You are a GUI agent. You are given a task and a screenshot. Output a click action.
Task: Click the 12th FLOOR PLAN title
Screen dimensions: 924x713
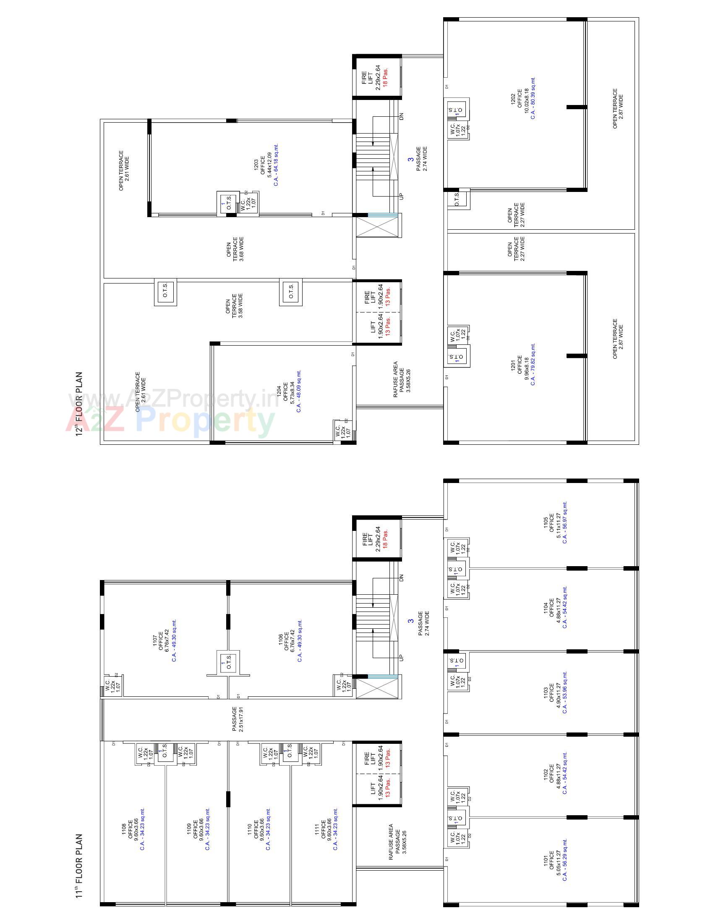(x=78, y=404)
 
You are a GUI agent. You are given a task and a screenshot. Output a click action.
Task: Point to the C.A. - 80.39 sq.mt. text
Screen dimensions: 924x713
(x=533, y=98)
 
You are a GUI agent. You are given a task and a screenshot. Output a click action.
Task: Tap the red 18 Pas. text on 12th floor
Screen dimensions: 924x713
(x=385, y=77)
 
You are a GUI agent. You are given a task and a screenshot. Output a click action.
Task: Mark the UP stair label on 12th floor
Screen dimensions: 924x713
(x=402, y=196)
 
